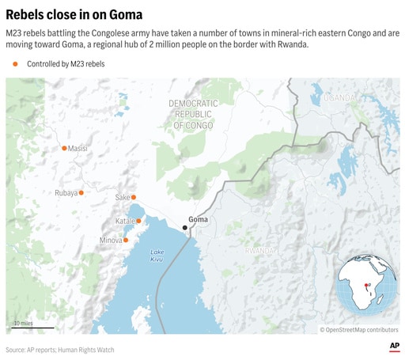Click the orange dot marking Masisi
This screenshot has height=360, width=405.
click(x=64, y=148)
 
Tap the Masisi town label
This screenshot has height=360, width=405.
click(x=78, y=149)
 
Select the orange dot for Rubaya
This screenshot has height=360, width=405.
click(x=81, y=192)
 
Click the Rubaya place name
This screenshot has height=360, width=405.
click(x=66, y=193)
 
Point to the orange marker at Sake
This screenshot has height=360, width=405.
click(x=134, y=197)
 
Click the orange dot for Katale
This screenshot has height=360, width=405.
click(x=138, y=221)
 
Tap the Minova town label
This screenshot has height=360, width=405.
click(x=111, y=240)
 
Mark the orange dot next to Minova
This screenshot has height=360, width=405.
click(x=126, y=240)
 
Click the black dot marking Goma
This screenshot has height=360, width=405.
click(x=185, y=228)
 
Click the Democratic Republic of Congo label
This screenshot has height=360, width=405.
click(x=195, y=114)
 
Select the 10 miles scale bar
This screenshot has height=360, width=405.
click(x=32, y=326)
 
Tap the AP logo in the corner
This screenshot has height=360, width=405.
click(x=393, y=347)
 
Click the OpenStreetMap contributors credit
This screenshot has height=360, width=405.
click(x=359, y=329)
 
